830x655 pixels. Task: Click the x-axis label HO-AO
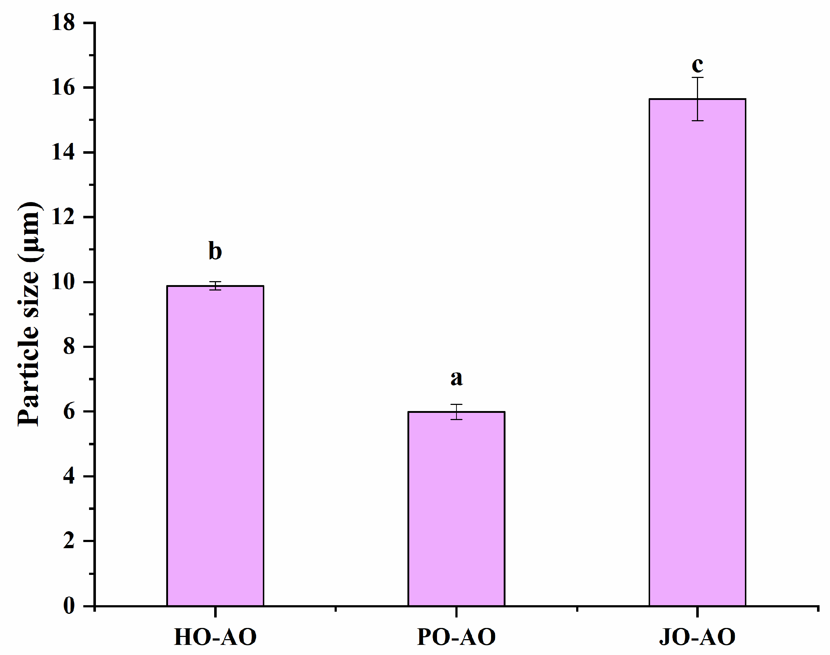click(215, 637)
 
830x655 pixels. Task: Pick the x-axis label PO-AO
click(456, 637)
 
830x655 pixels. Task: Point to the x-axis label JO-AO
click(697, 637)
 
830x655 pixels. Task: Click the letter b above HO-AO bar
click(215, 251)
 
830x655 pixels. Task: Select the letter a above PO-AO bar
click(456, 378)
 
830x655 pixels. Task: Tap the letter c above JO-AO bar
click(697, 65)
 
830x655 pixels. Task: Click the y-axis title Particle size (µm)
click(29, 314)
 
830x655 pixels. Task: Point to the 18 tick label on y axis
click(63, 23)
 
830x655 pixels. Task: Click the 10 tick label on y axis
click(63, 282)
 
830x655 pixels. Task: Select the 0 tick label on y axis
click(69, 606)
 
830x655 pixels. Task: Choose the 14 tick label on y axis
click(63, 153)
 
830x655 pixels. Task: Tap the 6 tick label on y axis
click(69, 412)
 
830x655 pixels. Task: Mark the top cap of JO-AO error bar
click(697, 78)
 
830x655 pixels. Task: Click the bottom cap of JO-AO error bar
click(697, 121)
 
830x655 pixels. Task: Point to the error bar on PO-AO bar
click(456, 412)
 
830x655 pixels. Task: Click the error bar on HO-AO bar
click(215, 286)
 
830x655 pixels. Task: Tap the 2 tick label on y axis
click(69, 541)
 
